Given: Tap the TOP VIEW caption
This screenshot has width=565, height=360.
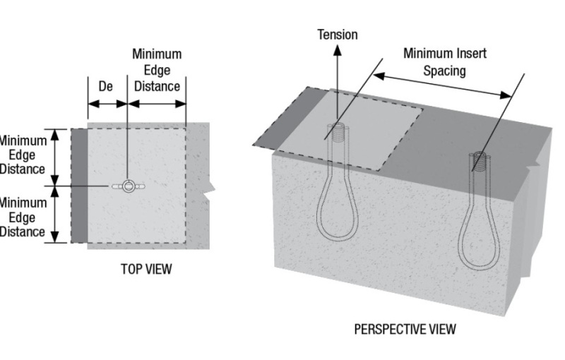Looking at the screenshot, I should (x=146, y=269).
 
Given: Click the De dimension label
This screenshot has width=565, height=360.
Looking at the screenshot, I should (x=106, y=86).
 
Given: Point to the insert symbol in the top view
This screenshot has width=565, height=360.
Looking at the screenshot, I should (x=128, y=186).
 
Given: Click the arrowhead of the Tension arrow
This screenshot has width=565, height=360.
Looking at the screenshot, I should (x=338, y=49).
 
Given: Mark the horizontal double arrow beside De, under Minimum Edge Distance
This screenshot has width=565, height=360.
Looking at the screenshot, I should (x=157, y=103).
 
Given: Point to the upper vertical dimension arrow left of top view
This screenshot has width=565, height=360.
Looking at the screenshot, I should (x=56, y=157).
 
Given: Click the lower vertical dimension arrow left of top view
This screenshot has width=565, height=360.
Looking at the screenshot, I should (x=56, y=215).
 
